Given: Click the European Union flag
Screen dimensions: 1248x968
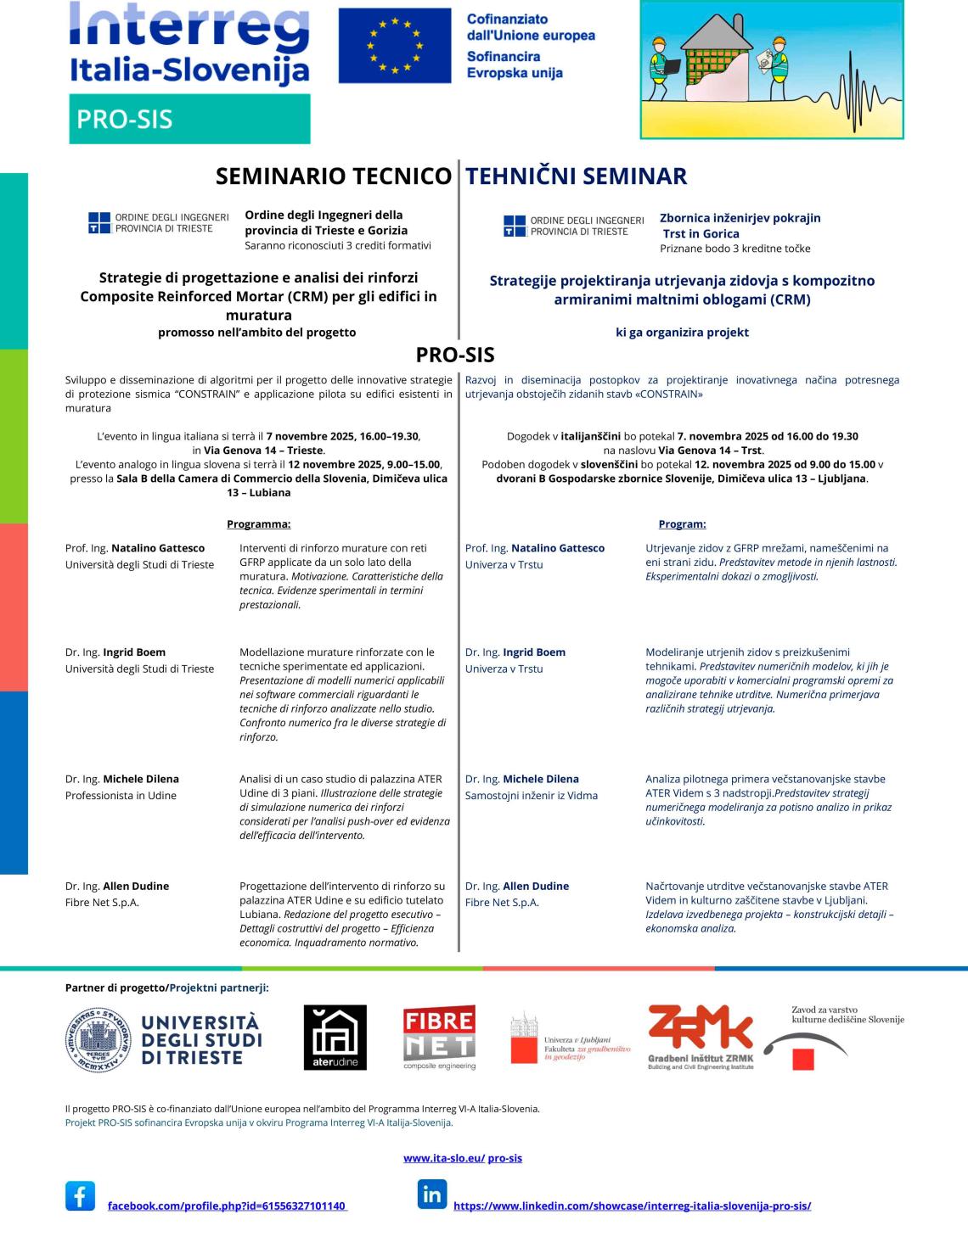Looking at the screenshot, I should point(394,46).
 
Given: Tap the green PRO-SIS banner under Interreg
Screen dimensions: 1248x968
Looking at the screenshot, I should point(189,119).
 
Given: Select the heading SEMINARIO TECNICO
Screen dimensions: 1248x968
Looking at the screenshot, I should point(333,176).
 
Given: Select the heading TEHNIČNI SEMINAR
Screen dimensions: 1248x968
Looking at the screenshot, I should point(576,176).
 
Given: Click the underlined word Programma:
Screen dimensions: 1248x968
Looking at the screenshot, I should point(258,524).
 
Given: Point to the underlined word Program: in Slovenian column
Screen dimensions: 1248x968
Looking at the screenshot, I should point(682,524).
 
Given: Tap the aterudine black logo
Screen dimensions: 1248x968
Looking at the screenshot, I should point(335,1038).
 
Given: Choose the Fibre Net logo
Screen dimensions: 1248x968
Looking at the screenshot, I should point(439,1037).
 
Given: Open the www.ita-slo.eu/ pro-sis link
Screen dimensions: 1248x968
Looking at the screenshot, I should point(462,1158).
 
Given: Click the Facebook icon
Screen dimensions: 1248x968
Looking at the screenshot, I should point(81,1195).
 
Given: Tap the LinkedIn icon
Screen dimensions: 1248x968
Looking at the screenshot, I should point(431,1195).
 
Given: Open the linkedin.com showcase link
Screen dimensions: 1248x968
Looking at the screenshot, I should point(632,1206).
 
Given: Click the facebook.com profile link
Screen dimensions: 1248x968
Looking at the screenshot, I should point(227,1206).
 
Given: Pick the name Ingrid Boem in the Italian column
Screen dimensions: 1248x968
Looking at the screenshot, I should point(134,652).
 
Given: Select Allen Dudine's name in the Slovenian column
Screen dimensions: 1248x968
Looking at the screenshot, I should point(536,886).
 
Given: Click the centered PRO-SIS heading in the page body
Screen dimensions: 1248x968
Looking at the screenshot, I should point(455,354).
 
